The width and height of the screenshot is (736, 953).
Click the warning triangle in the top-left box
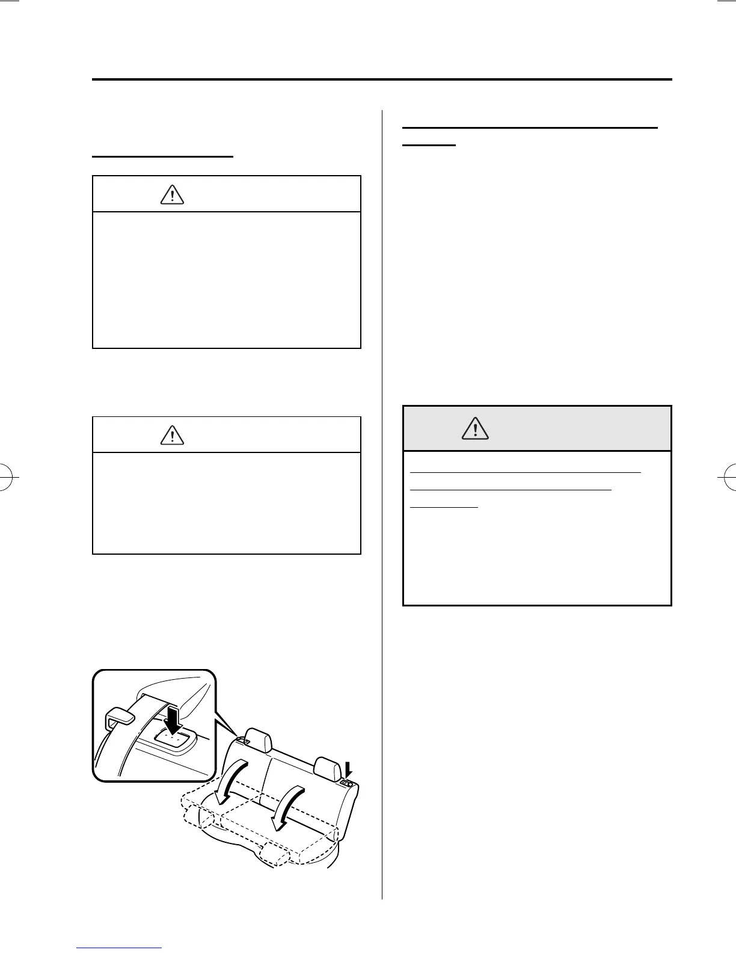tap(172, 195)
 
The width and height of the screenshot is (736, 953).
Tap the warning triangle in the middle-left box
tap(172, 434)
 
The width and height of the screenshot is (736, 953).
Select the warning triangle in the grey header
tap(475, 428)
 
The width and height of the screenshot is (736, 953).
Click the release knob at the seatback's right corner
tap(348, 783)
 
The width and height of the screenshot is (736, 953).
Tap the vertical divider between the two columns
tap(382, 505)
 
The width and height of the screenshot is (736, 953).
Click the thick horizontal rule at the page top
tap(382, 79)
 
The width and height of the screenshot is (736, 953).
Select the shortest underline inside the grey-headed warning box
tap(444, 507)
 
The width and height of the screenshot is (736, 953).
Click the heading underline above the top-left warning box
tap(162, 156)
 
